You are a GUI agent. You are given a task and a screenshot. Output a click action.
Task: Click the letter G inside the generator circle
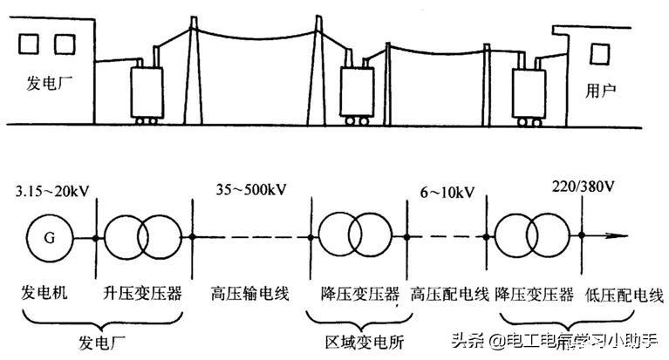[x=50, y=238]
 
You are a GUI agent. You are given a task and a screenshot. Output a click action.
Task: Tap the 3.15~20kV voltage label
[x=52, y=191]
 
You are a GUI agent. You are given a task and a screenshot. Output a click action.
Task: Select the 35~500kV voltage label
[x=250, y=189]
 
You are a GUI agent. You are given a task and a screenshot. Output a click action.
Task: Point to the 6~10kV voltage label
[x=447, y=193]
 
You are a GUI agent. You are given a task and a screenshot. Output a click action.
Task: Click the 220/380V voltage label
[x=583, y=187]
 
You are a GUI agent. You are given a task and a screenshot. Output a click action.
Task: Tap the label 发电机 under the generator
[x=44, y=293]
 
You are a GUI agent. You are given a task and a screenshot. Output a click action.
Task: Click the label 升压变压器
[x=142, y=293]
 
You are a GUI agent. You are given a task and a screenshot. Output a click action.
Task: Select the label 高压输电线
[x=250, y=294]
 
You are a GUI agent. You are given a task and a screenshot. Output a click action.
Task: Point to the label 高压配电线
[x=450, y=295]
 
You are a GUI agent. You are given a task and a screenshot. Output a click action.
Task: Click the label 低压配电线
[x=625, y=295]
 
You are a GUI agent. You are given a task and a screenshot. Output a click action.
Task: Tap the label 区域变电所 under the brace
[x=364, y=342]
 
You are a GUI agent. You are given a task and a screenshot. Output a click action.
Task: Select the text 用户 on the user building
[x=601, y=91]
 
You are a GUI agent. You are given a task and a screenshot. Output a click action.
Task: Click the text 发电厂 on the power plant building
[x=50, y=82]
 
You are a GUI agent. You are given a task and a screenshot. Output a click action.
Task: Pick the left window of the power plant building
[x=29, y=44]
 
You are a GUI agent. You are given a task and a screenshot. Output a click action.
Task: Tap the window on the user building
[x=599, y=54]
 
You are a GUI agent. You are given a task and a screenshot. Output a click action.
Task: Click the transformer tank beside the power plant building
[x=147, y=92]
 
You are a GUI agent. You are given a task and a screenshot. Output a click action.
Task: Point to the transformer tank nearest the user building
[x=529, y=95]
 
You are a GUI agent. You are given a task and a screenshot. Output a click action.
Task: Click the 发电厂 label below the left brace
[x=101, y=343]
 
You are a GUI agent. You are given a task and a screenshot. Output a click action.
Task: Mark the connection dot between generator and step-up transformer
[x=96, y=238]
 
